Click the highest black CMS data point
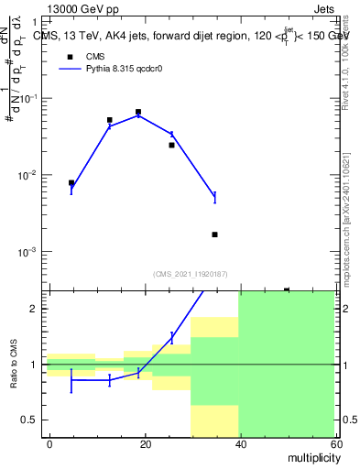[x=138, y=112]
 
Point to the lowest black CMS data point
[x=214, y=234]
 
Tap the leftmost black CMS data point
[x=71, y=182]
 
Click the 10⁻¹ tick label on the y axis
[x=29, y=98]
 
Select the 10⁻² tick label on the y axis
[x=29, y=175]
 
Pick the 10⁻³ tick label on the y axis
[x=29, y=252]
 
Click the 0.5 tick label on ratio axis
[x=33, y=420]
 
